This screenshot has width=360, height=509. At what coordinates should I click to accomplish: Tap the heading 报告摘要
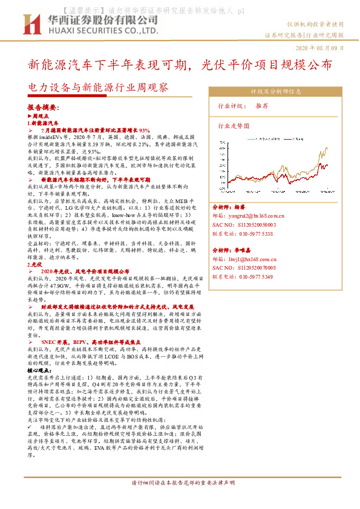44,106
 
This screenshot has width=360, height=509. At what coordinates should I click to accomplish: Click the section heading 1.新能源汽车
43,123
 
